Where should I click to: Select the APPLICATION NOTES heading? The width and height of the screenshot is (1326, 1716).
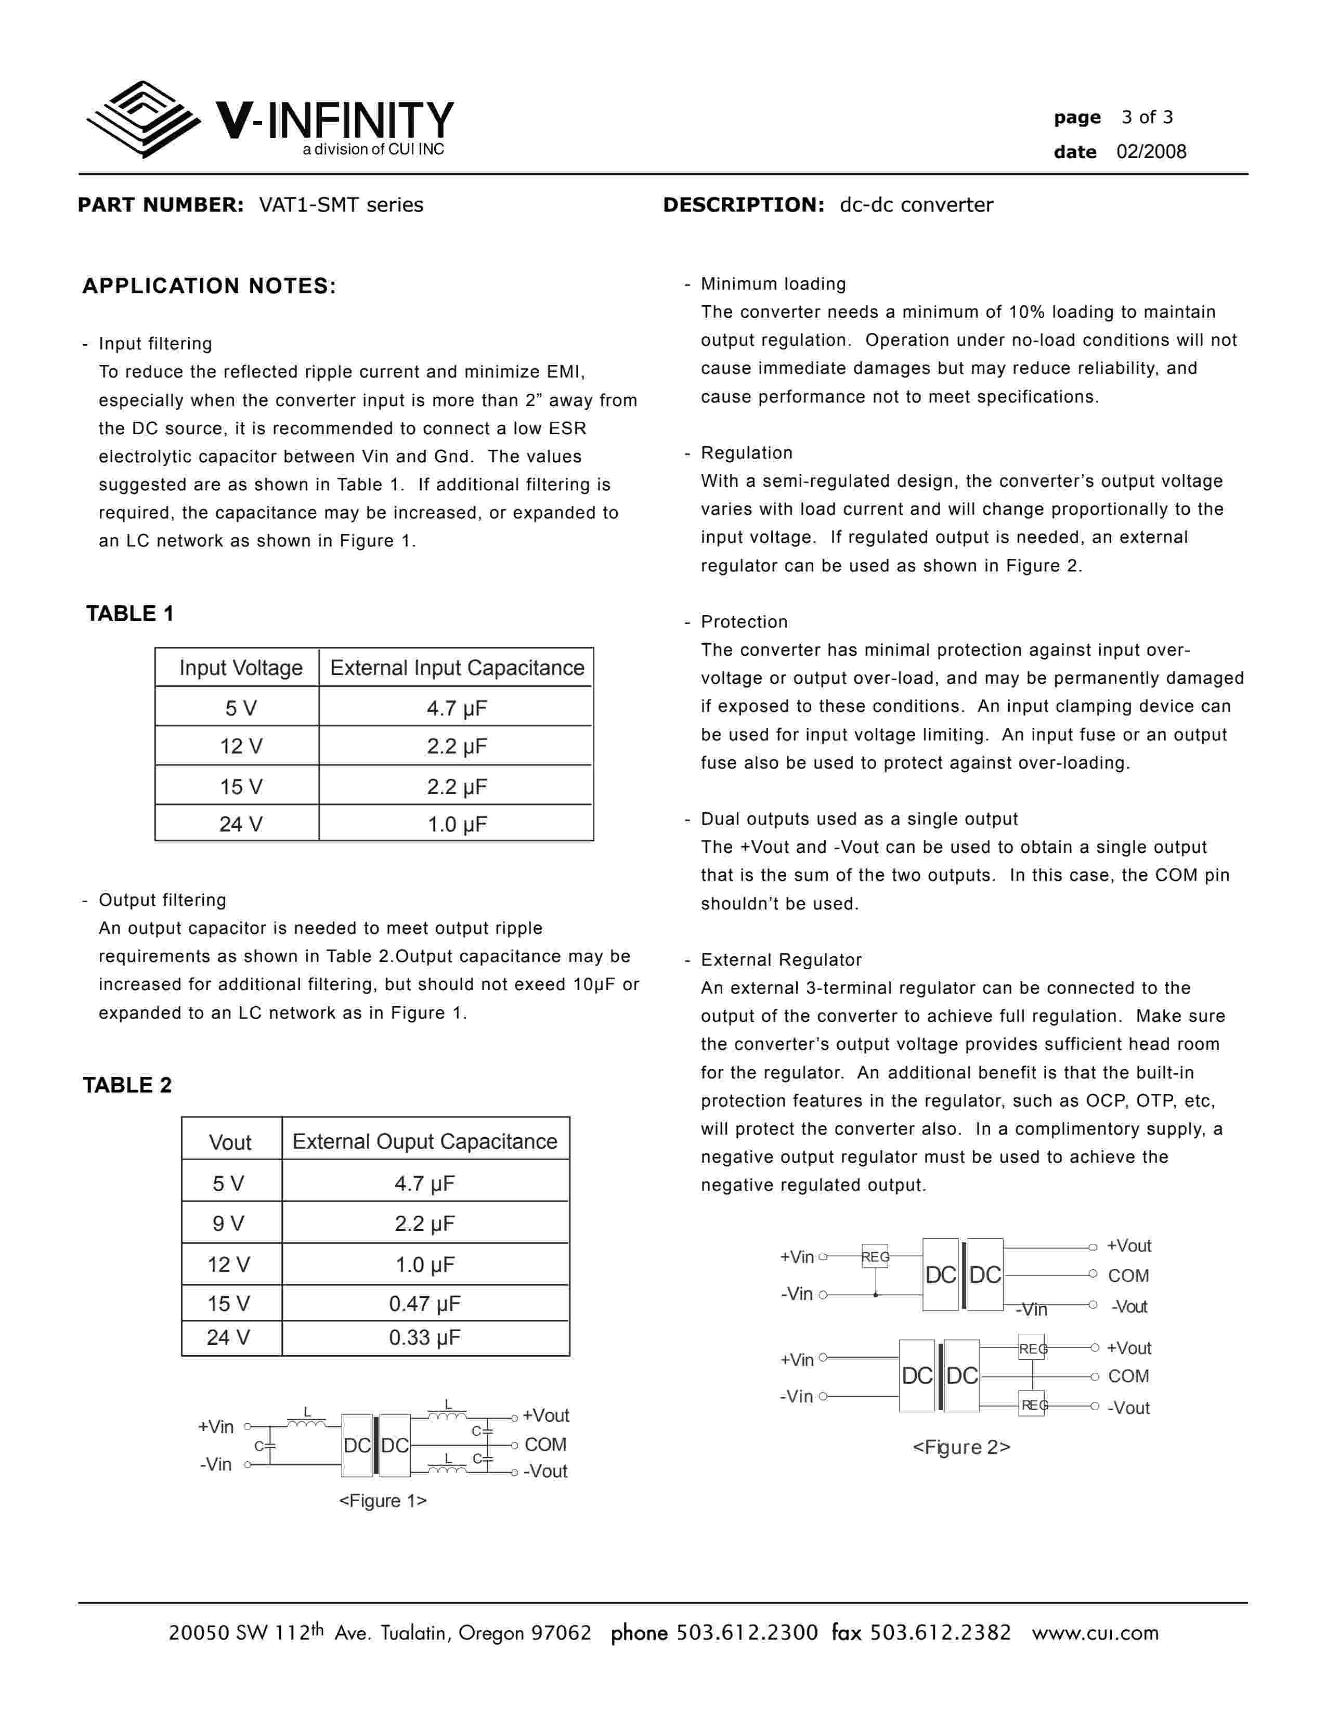point(209,286)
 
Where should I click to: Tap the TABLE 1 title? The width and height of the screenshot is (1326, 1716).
point(129,614)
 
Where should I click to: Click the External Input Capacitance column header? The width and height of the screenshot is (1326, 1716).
point(457,668)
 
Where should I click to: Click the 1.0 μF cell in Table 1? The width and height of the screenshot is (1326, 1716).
point(457,824)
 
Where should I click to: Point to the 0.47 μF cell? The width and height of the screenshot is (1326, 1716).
point(424,1304)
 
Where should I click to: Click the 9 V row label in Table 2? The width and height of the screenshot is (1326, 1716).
point(229,1224)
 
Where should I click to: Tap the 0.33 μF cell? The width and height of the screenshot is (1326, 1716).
point(424,1337)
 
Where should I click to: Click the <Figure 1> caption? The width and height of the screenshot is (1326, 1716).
point(383,1501)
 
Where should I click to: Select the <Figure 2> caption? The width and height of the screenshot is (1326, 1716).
point(961,1447)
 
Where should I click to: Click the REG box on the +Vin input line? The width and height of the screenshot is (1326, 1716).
point(875,1257)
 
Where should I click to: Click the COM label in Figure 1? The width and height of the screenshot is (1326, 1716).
point(545,1445)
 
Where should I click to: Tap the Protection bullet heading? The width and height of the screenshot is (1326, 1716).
point(744,621)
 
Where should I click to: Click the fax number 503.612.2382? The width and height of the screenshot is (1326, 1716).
point(940,1633)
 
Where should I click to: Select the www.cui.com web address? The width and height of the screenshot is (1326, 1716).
point(1095,1633)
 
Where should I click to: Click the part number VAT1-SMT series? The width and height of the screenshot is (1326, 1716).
point(341,205)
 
